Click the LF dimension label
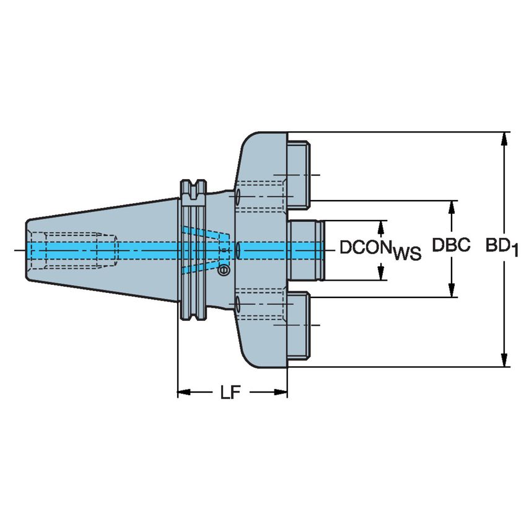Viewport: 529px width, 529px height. [x=229, y=393]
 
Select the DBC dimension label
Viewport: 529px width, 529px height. [x=452, y=246]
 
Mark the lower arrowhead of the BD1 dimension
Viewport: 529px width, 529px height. [x=506, y=361]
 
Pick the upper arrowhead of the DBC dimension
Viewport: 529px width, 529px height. [x=452, y=207]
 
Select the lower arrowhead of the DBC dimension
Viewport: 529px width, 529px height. [x=452, y=291]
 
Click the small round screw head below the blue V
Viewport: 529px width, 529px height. [x=224, y=270]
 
